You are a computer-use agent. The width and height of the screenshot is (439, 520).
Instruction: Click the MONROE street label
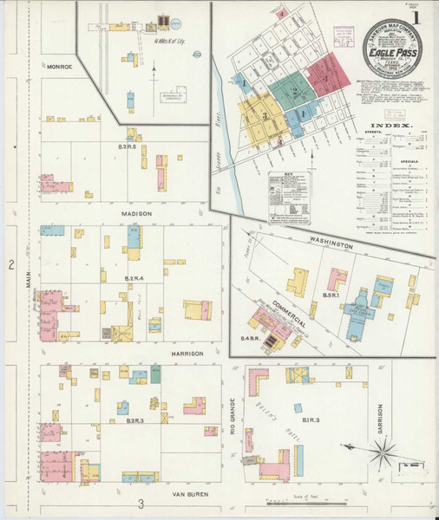tap(60, 66)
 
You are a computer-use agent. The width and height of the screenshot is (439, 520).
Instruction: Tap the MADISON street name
tap(136, 213)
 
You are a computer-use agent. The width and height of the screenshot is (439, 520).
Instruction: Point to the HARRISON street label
tap(187, 354)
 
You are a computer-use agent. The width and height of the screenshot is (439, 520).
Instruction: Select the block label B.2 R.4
tap(134, 277)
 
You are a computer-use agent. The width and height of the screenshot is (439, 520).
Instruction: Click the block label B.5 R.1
tap(330, 296)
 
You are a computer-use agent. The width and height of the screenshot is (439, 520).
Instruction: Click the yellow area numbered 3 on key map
tap(261, 116)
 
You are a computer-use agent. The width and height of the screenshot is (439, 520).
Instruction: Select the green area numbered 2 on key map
tap(294, 91)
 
